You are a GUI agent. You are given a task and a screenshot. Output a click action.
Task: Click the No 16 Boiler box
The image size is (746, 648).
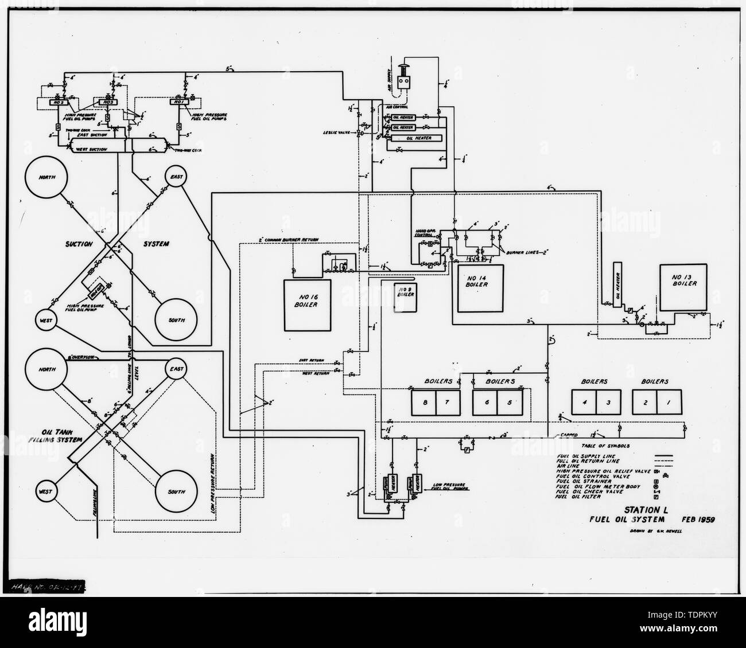pyautogui.click(x=308, y=305)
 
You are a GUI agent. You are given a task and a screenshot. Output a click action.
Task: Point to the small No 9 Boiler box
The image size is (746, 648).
pyautogui.click(x=406, y=298)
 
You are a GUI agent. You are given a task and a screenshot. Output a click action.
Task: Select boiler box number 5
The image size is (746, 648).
pyautogui.click(x=510, y=403)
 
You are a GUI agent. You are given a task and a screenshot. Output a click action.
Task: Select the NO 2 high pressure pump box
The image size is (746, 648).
pyautogui.click(x=58, y=103)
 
